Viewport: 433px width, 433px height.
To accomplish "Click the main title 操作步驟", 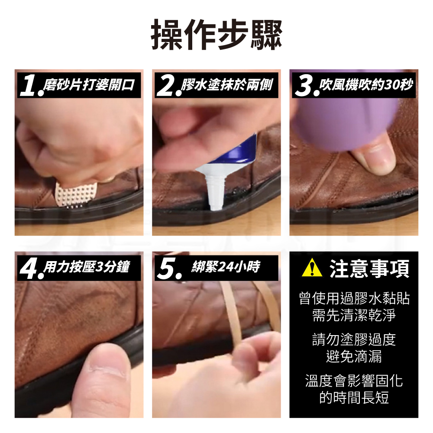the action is pos(216,35).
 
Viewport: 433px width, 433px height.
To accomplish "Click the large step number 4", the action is pos(29,268).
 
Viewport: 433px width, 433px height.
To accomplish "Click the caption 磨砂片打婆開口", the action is pos(89,84).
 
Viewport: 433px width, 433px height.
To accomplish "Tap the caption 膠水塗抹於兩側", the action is pos(227,84).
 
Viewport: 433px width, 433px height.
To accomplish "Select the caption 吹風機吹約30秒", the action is pos(366,84).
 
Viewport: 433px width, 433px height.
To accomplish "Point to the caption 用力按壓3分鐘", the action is pos(87,267).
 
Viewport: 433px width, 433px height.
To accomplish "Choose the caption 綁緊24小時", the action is pos(226,267).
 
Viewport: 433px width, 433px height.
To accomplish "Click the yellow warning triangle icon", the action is pos(312,268).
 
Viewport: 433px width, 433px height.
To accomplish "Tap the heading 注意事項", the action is pos(369,268).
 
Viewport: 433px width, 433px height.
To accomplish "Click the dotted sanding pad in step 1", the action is pos(76,194).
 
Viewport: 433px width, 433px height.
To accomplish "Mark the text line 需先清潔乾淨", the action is pos(354,315).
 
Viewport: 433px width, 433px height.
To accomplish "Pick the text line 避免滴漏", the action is pos(354,356).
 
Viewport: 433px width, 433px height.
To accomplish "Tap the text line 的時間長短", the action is pos(354,397).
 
